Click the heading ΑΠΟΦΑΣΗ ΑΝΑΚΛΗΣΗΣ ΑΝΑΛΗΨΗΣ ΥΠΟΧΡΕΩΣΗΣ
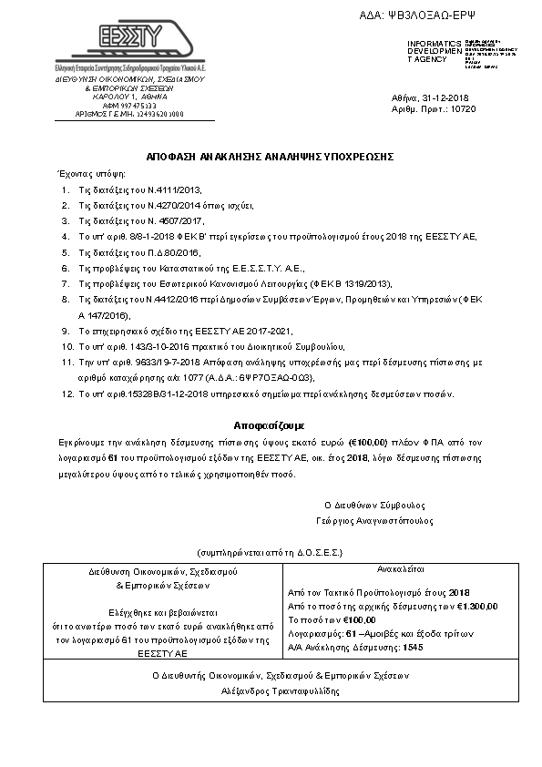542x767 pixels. click(x=271, y=157)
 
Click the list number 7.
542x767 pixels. click(x=66, y=283)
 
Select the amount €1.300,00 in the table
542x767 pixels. click(x=475, y=605)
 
